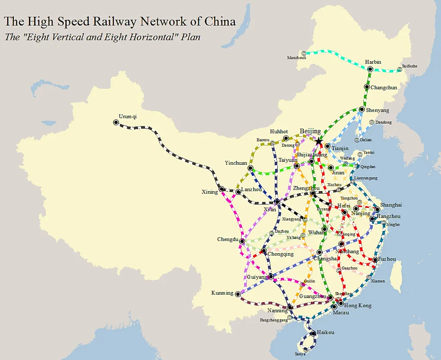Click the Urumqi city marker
(116, 122)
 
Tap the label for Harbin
(373, 62)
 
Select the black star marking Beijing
(318, 141)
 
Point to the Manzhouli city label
(296, 58)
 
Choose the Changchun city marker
(367, 87)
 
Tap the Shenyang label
(377, 110)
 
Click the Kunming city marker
(237, 294)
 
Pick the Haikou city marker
(313, 333)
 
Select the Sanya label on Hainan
(300, 354)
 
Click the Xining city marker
(222, 189)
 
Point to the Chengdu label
(227, 240)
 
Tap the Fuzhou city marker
(376, 260)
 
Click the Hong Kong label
(358, 306)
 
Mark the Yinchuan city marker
(251, 168)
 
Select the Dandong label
(383, 122)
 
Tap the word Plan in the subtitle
(191, 37)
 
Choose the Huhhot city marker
(286, 138)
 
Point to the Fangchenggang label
(274, 320)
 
